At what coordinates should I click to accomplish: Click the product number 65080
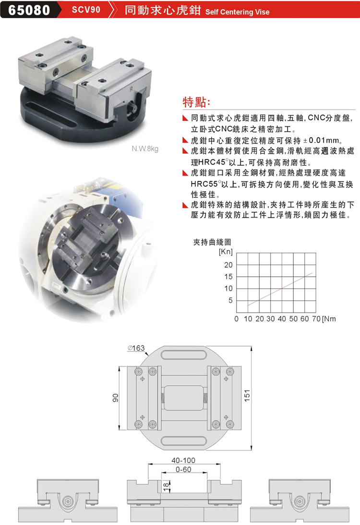pos(29,10)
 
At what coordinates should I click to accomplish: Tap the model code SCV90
pos(86,10)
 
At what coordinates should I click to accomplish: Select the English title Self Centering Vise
pos(237,12)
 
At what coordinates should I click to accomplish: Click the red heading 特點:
pos(196,102)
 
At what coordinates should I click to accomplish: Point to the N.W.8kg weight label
pos(145,148)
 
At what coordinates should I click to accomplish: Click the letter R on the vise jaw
pos(132,89)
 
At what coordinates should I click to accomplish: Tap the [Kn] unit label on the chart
pos(225,251)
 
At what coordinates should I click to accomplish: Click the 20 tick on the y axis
pos(228,265)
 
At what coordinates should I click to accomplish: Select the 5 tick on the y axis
pos(230,300)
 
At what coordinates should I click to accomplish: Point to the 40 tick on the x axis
pos(282,319)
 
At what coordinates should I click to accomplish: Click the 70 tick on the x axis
pos(316,319)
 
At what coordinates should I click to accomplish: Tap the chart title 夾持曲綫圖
pos(212,242)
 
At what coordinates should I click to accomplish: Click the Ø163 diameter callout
pos(136,348)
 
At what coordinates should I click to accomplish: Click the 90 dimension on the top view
pos(115,398)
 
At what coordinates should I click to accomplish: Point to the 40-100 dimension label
pos(183,460)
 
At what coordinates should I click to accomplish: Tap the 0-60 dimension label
pos(183,469)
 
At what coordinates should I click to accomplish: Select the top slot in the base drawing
pos(184,355)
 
